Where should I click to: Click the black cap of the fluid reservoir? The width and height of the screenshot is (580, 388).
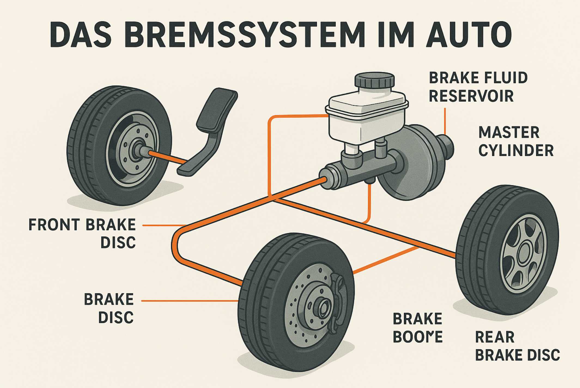[x=374, y=80]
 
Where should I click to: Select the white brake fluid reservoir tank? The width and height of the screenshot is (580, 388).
[x=366, y=117]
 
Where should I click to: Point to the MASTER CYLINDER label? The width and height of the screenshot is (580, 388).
[x=516, y=142]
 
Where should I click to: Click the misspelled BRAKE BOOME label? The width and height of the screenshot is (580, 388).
[x=417, y=328]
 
